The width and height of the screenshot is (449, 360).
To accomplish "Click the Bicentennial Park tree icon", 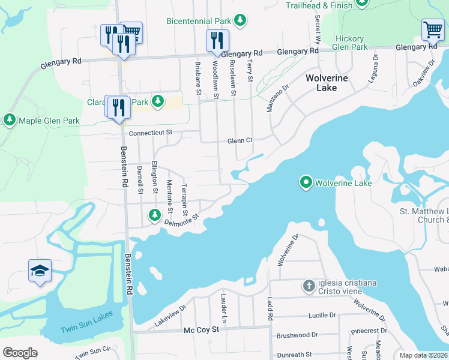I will click(x=240, y=21).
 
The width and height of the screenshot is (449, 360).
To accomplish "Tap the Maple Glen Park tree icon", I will click(x=10, y=121).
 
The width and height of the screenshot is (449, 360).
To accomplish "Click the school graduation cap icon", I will click(x=40, y=271).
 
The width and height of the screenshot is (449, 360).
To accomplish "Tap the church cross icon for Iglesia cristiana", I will click(x=309, y=286).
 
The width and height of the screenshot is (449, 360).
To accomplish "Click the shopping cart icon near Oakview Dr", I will click(x=432, y=29).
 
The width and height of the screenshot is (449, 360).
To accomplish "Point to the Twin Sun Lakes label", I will click(x=86, y=329).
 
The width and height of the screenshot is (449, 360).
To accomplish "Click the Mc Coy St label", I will click(x=197, y=331).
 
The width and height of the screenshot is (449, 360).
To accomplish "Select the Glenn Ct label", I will click(x=240, y=141).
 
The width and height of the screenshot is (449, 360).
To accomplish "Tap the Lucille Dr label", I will click(x=322, y=315).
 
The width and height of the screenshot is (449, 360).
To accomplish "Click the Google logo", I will click(x=19, y=353).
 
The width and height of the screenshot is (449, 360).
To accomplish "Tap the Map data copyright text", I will click(x=424, y=355).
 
